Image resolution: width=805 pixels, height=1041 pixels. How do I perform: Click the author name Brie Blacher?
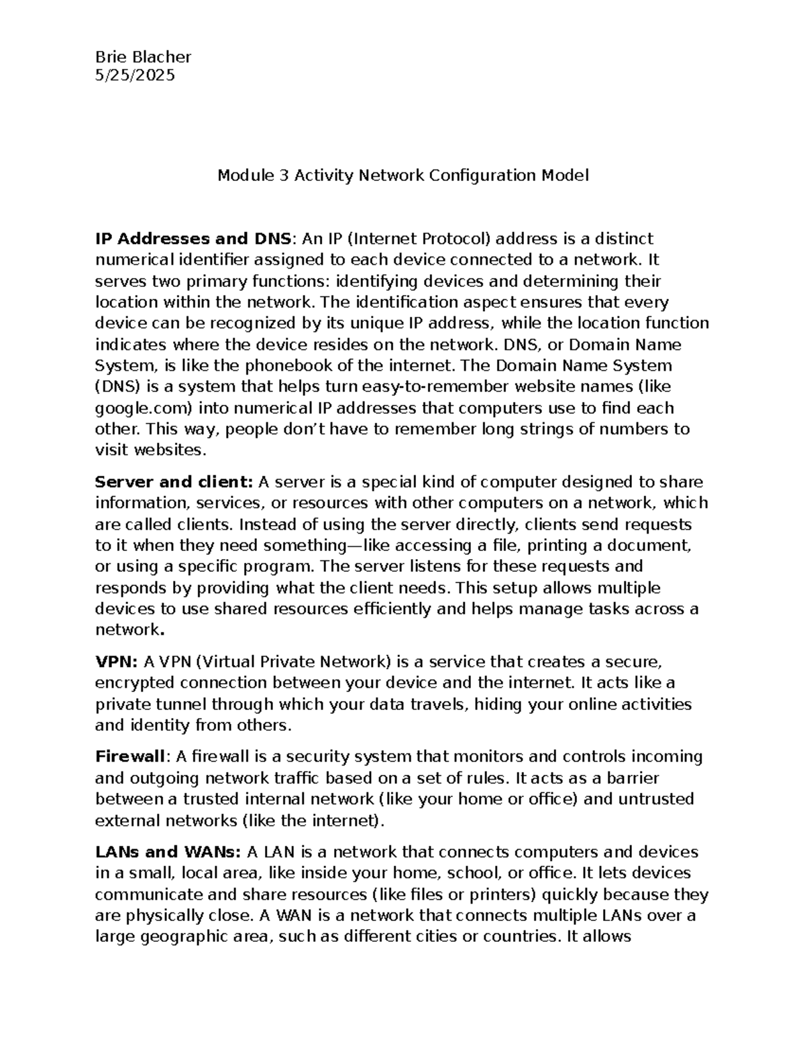pos(143,56)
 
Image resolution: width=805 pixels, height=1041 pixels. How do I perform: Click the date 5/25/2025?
pos(135,75)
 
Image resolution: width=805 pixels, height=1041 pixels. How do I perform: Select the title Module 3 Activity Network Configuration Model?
pos(402,176)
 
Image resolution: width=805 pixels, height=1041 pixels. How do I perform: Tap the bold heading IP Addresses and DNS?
pos(193,239)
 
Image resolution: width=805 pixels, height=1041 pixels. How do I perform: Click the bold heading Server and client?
pos(174,482)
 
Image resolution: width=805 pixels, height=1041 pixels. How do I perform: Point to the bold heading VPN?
pos(117,662)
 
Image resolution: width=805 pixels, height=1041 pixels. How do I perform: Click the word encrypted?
pos(134,683)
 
